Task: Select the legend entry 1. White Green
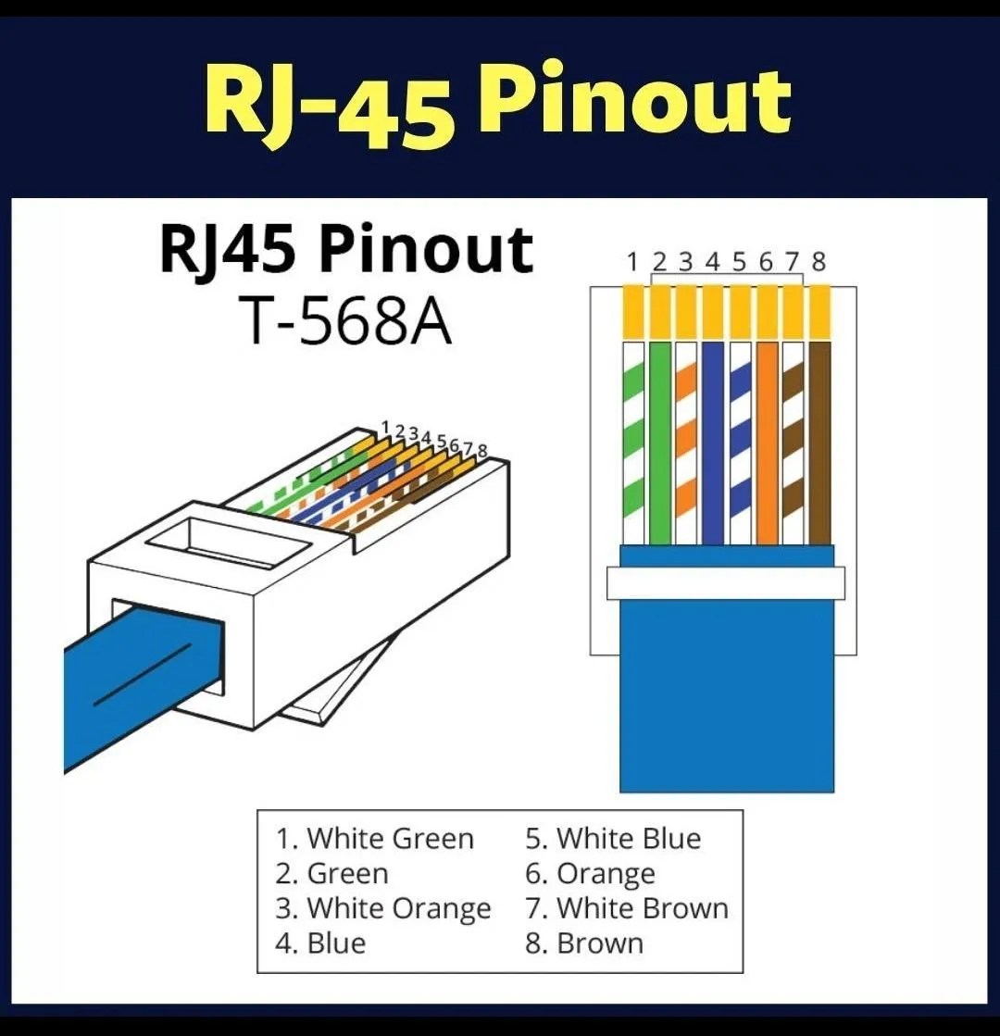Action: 374,839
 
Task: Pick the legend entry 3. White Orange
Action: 382,908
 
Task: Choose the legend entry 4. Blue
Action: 320,943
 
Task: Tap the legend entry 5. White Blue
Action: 613,839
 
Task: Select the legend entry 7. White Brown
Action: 627,908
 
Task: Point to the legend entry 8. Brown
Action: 584,943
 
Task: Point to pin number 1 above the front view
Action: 632,262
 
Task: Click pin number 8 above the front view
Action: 819,262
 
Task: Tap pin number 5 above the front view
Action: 739,262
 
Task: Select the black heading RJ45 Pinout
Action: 346,250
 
